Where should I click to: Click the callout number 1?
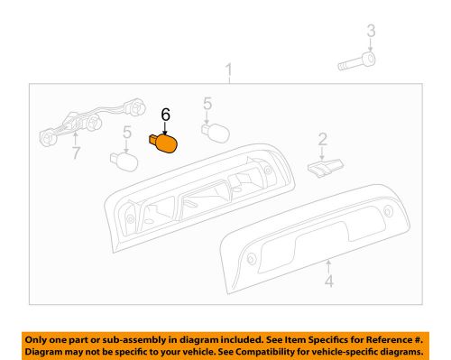(x=229, y=70)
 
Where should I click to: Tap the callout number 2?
(x=321, y=140)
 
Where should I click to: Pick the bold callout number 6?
(x=165, y=115)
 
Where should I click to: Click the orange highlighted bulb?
(x=165, y=143)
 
